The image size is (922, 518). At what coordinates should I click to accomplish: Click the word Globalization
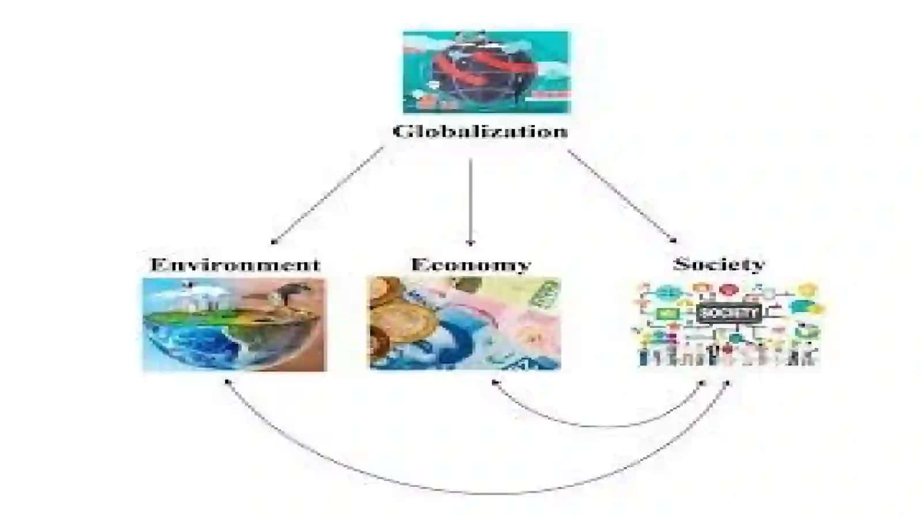pyautogui.click(x=481, y=131)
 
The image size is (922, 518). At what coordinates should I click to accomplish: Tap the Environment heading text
pyautogui.click(x=235, y=264)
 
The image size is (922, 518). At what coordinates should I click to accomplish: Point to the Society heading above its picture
pyautogui.click(x=719, y=263)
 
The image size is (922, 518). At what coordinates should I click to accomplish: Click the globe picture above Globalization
pyautogui.click(x=486, y=72)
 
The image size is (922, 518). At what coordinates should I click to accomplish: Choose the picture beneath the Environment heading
pyautogui.click(x=235, y=324)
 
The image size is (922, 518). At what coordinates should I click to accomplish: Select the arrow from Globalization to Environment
pyautogui.click(x=328, y=195)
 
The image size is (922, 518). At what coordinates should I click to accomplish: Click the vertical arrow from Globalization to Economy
pyautogui.click(x=471, y=202)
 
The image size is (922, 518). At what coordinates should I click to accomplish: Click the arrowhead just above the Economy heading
pyautogui.click(x=471, y=243)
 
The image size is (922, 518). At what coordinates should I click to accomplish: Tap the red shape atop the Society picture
pyautogui.click(x=728, y=290)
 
